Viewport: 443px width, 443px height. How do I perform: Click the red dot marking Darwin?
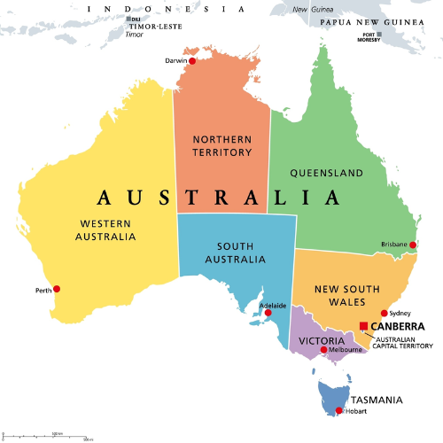pos(192,61)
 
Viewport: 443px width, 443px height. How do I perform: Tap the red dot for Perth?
pos(57,288)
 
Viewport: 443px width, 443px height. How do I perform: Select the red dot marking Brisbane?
pos(412,245)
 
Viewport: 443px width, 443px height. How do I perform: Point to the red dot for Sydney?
pos(385,314)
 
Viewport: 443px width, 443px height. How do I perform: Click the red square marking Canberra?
pos(363,326)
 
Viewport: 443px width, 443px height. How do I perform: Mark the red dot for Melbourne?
pos(323,350)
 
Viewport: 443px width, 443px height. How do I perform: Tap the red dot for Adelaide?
pos(268,313)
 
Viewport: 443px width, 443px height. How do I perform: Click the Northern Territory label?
pos(221,145)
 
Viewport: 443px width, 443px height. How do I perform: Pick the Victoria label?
pos(316,340)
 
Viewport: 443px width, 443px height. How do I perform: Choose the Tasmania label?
pos(377,400)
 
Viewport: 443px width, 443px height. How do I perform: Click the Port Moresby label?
pos(369,37)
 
